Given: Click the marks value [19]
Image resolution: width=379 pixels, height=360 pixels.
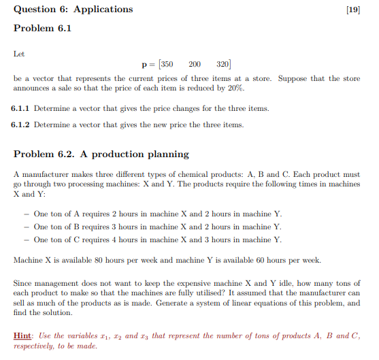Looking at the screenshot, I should pos(353,10).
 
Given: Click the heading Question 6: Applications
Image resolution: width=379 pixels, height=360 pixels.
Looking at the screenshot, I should pos(73,10).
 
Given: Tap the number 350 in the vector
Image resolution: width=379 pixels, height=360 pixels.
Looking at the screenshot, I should pos(166,65).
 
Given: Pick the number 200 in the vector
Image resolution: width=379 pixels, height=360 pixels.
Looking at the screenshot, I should pos(195,65).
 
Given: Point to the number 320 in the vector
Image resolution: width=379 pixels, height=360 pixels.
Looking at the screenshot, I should pos(223,65).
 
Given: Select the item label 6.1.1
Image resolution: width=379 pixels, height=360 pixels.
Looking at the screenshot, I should pos(21,109).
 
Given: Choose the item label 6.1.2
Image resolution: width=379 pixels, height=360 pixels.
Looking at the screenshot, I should pos(21,125).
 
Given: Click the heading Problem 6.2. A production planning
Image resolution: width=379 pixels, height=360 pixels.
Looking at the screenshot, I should pos(101,154).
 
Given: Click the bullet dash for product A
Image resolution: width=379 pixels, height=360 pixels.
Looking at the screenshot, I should pos(26,214).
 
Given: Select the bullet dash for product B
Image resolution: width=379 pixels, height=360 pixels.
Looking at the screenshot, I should pos(26,227).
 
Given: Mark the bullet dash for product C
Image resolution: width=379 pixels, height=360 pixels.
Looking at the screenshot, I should pos(26,240).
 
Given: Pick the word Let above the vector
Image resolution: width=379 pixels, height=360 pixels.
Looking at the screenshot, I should pos(19,52).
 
